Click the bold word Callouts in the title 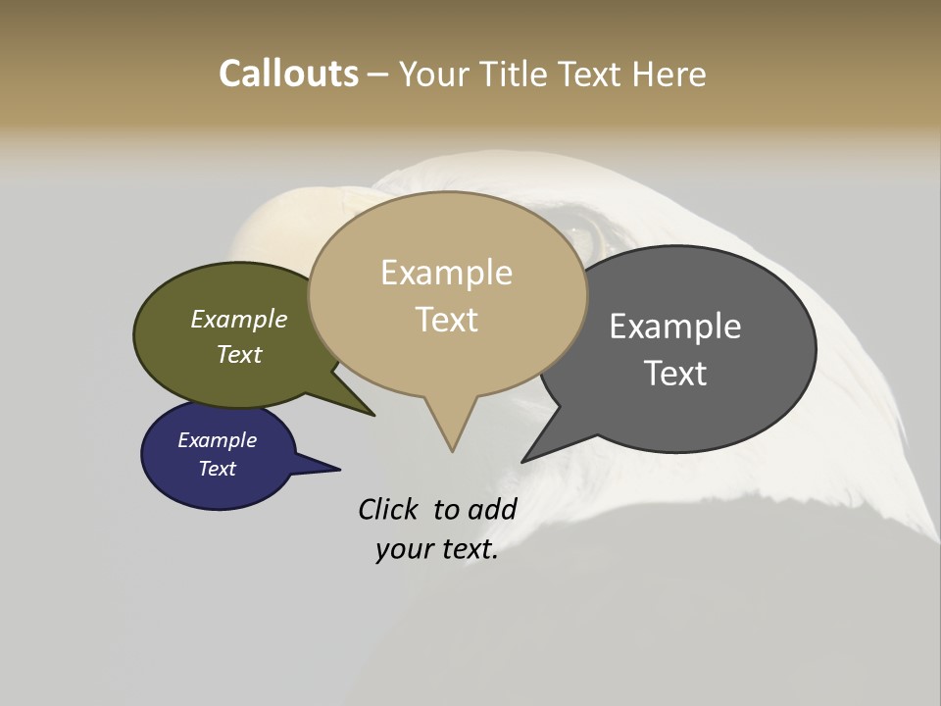288,74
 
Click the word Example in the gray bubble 675,326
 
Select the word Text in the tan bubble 447,320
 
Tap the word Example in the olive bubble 239,319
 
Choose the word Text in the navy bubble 218,469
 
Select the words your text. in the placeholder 437,549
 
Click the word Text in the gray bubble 676,373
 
